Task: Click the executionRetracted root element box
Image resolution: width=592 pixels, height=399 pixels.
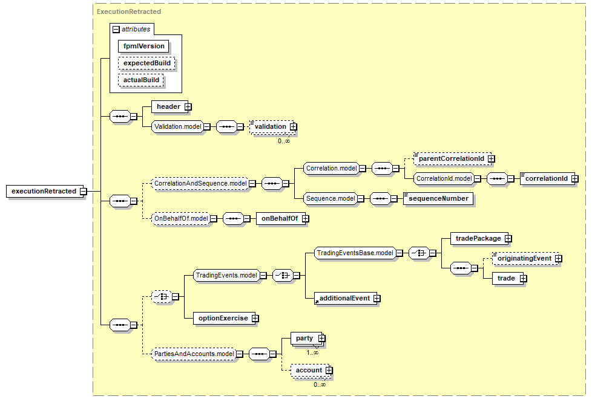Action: coord(44,191)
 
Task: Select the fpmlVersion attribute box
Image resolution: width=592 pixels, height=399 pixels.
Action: coord(143,46)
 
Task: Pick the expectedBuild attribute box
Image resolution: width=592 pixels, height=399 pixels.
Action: coord(146,63)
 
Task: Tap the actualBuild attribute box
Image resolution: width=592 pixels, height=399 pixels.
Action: coord(141,80)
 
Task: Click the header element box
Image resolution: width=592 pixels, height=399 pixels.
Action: coord(168,107)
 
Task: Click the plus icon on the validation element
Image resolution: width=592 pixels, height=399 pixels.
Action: coord(293,126)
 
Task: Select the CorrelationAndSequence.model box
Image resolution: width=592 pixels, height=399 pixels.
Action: coord(200,183)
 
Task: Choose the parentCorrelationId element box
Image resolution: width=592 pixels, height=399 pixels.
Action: coord(451,158)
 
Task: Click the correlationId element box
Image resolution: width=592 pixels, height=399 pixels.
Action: coord(546,178)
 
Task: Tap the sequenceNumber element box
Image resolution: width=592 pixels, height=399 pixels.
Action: coord(438,198)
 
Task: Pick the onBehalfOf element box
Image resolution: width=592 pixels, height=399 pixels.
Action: coord(278,218)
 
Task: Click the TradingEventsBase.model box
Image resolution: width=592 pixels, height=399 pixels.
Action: coord(355,253)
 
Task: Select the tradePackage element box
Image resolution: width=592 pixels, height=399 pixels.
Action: coord(478,238)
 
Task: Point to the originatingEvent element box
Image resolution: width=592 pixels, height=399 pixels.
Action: coord(524,258)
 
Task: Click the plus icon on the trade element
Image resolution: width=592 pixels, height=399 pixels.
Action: coord(523,278)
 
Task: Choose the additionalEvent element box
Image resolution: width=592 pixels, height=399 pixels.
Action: coord(344,298)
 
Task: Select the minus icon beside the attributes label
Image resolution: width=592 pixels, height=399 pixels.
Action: coord(116,28)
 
